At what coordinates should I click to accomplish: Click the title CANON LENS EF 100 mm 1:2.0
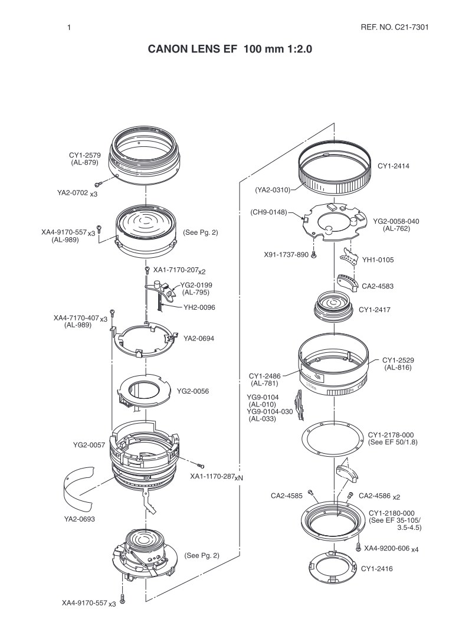point(230,49)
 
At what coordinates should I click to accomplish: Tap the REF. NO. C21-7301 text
point(395,27)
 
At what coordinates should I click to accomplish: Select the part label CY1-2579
point(84,155)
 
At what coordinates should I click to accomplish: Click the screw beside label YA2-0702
point(99,184)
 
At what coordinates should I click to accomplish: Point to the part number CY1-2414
point(394,166)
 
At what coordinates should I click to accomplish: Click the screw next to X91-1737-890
point(314,254)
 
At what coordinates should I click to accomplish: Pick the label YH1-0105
point(378,260)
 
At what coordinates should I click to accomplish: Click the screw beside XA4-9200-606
point(358,546)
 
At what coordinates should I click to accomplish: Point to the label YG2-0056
point(193,391)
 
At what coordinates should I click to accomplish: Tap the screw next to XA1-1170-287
point(201,466)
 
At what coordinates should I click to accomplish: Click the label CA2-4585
point(287,496)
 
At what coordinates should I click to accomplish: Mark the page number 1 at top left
point(69,28)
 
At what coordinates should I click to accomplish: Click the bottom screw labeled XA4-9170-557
point(123,598)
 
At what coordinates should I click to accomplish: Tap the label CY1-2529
point(398,361)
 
